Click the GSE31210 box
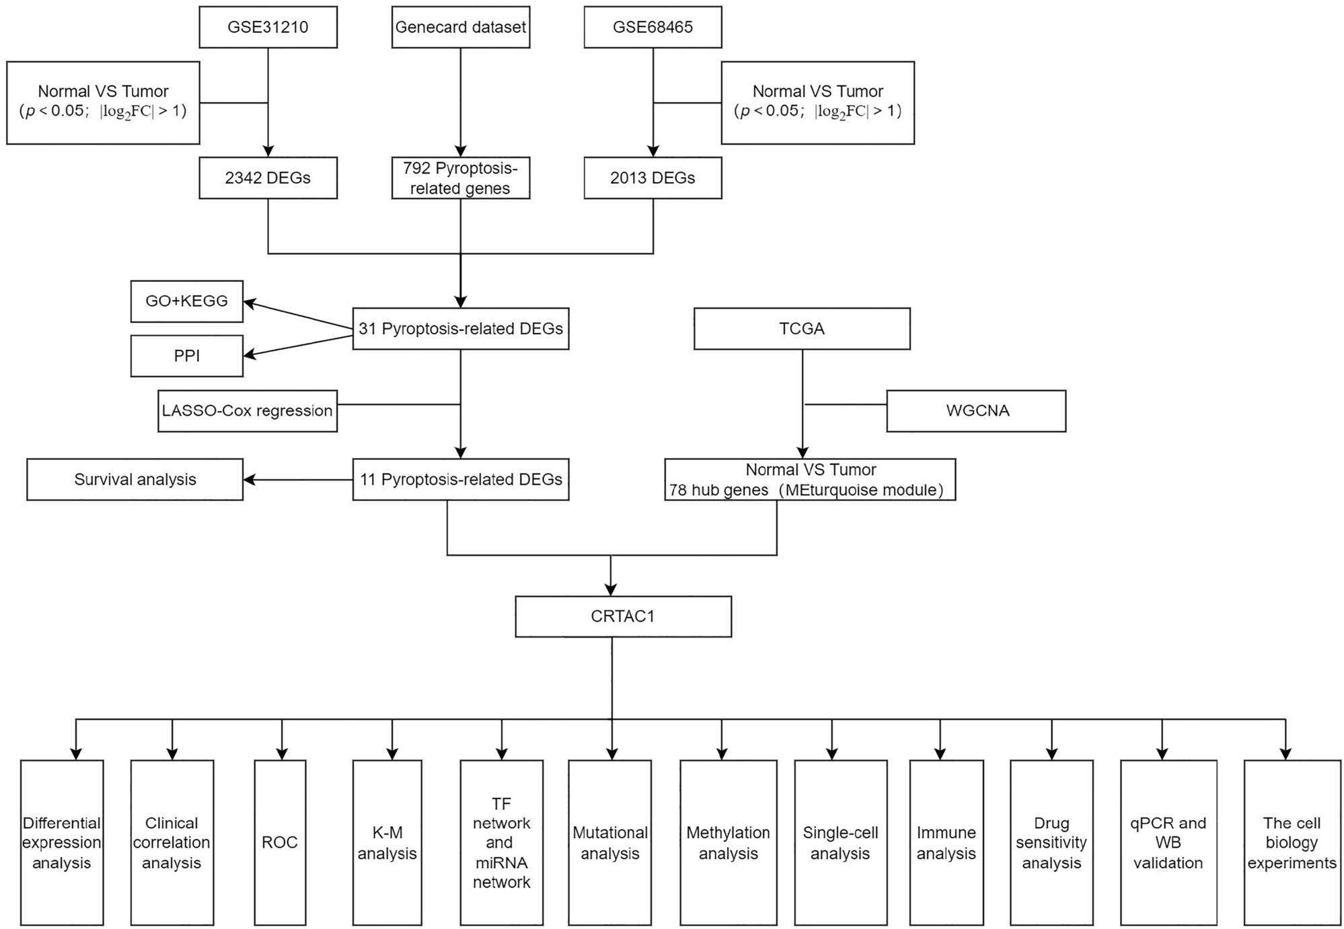pyautogui.click(x=268, y=28)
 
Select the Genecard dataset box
pyautogui.click(x=461, y=28)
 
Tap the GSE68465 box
pyautogui.click(x=652, y=28)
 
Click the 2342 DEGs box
pyautogui.click(x=268, y=178)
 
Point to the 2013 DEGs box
pyautogui.click(x=652, y=178)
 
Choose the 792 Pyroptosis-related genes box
pyautogui.click(x=461, y=178)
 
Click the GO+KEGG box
pyautogui.click(x=187, y=301)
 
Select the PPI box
pyautogui.click(x=187, y=356)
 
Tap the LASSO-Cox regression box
pyautogui.click(x=248, y=411)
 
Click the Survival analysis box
pyautogui.click(x=135, y=480)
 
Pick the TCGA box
pyautogui.click(x=802, y=329)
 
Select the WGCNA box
pyautogui.click(x=976, y=411)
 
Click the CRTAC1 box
pyautogui.click(x=623, y=616)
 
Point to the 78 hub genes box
pyautogui.click(x=810, y=480)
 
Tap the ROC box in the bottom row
pyautogui.click(x=280, y=842)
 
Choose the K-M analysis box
pyautogui.click(x=387, y=842)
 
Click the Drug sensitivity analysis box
pyautogui.click(x=1051, y=842)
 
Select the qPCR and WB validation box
pyautogui.click(x=1168, y=842)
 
